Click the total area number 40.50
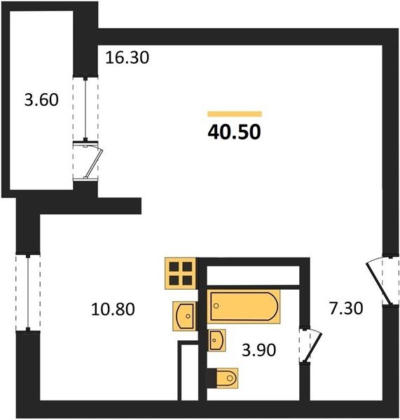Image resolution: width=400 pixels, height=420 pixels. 234,132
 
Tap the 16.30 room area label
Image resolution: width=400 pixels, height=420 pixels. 127,57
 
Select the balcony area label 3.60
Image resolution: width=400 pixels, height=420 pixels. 41,99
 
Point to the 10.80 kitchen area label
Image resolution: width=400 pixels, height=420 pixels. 113,309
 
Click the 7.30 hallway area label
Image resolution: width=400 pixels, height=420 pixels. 346,308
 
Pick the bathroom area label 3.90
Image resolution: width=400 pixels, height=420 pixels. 258,350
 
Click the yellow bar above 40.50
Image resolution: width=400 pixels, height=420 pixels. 235,114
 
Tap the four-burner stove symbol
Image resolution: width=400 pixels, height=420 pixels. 181,273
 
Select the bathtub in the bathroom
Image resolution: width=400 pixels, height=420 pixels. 243,307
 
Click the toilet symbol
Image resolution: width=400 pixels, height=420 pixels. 222,378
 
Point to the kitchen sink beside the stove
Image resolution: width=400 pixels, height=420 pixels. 184,316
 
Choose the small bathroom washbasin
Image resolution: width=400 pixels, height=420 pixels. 216,340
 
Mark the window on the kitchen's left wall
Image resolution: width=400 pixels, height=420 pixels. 28,293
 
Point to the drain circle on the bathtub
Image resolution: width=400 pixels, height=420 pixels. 216,306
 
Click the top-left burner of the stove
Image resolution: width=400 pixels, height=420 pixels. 174,267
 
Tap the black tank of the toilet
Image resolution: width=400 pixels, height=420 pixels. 211,378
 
